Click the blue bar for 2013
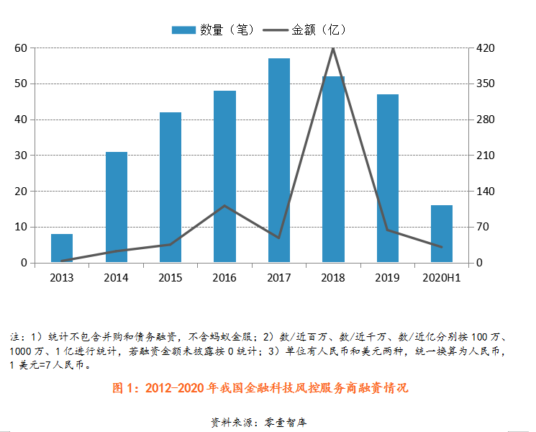click(x=62, y=248)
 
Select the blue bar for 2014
click(x=117, y=207)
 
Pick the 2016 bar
click(x=224, y=176)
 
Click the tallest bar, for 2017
click(x=279, y=160)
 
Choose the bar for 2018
click(x=333, y=169)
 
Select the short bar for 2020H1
click(x=442, y=234)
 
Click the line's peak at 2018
click(x=333, y=48)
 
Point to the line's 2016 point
click(x=224, y=206)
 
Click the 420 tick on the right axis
click(x=485, y=48)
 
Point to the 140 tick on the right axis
click(x=485, y=192)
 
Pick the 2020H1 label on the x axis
click(x=442, y=277)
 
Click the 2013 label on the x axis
click(x=62, y=277)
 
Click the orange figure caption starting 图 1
click(x=260, y=387)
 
